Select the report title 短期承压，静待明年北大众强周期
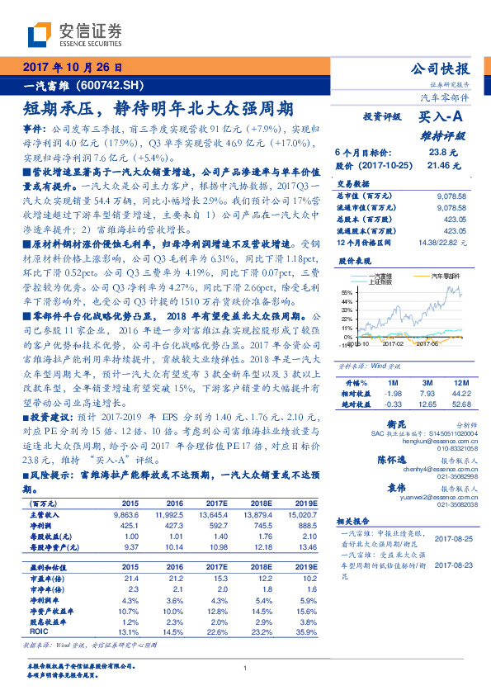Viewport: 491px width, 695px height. point(158,107)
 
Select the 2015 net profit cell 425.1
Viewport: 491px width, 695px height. point(130,525)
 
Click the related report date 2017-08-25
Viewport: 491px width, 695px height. point(451,537)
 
